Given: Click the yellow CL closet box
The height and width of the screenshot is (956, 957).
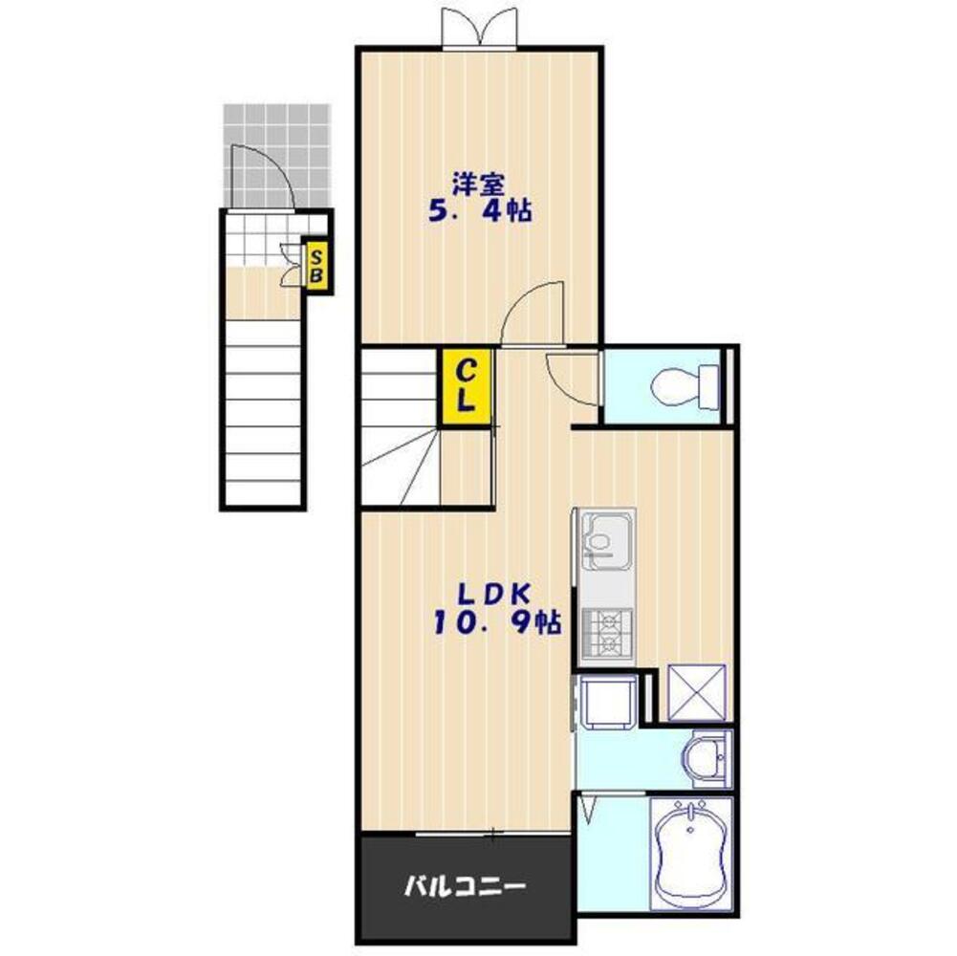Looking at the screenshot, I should pyautogui.click(x=467, y=385).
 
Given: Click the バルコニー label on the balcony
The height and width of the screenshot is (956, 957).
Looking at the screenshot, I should pyautogui.click(x=465, y=887).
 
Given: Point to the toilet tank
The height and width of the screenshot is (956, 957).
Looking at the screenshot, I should pyautogui.click(x=709, y=385).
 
